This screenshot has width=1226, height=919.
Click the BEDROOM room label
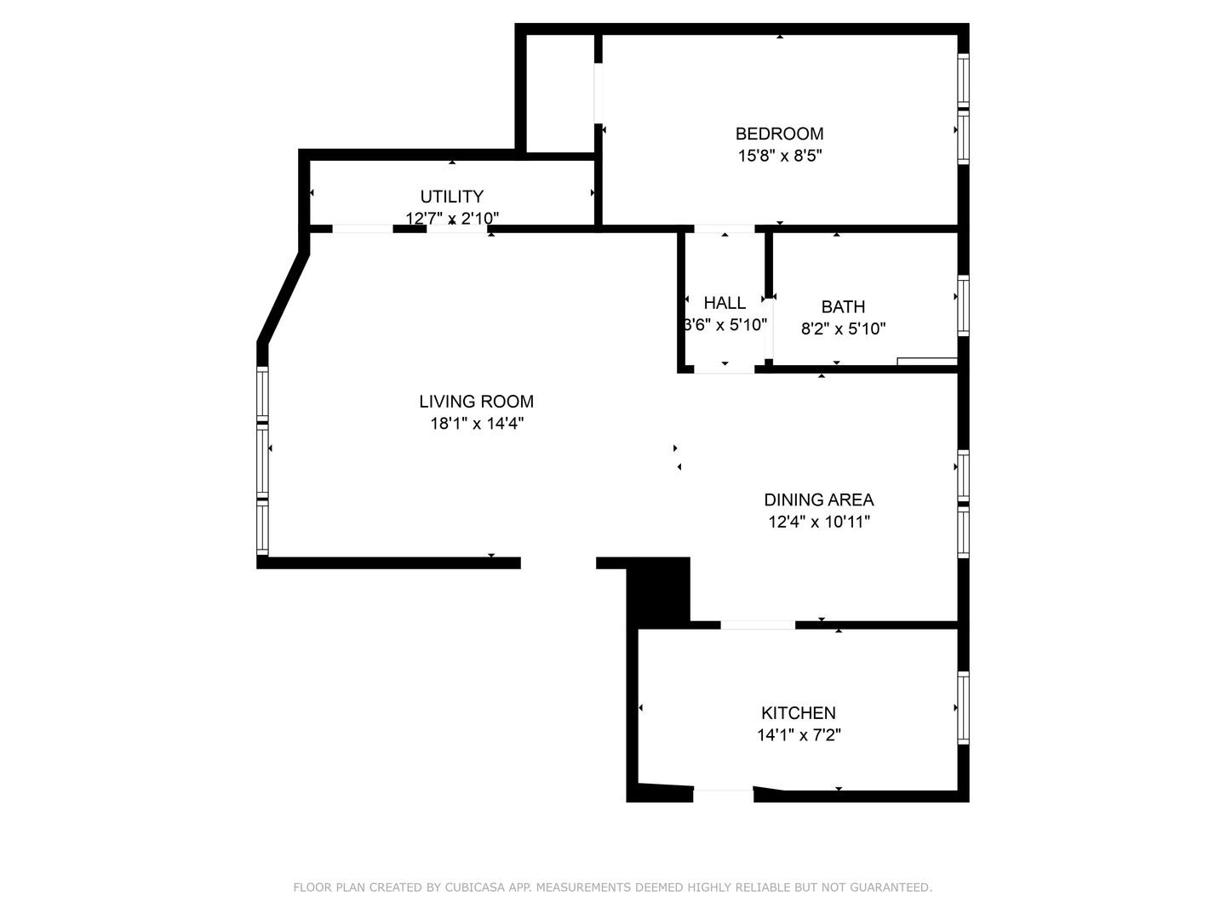click(779, 134)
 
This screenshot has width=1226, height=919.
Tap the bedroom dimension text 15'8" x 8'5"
click(780, 156)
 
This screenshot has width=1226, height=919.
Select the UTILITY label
click(452, 197)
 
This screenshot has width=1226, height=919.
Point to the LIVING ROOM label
click(477, 401)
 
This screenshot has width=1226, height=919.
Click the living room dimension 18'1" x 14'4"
click(477, 424)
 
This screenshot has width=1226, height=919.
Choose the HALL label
click(725, 303)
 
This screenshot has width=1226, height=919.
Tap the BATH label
click(843, 307)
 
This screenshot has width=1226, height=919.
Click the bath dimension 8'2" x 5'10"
click(844, 328)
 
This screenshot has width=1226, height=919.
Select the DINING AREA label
click(819, 499)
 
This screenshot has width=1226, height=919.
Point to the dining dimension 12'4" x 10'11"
click(819, 522)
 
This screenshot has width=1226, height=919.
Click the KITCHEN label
click(799, 712)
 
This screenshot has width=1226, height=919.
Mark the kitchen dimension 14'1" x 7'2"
click(799, 735)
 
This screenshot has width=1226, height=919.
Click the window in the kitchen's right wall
click(964, 707)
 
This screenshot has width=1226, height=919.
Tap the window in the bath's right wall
click(964, 305)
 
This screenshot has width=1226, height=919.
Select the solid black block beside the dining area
click(658, 591)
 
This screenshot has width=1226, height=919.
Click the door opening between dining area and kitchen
click(758, 625)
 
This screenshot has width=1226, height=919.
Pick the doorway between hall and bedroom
click(725, 229)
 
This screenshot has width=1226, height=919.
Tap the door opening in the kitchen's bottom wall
click(724, 796)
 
